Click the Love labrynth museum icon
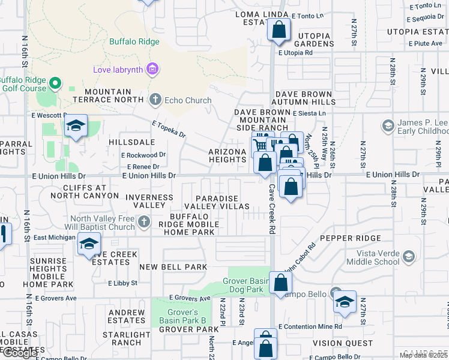tap(152, 70)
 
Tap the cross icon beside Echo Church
tap(155, 100)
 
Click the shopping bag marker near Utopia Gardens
tap(279, 29)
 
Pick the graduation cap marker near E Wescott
tap(76, 126)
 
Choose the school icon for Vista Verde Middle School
tap(409, 257)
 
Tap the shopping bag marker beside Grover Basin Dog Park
tap(280, 281)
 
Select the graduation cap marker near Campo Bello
tap(345, 302)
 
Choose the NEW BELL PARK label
tap(173, 266)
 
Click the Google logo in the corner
tap(20, 353)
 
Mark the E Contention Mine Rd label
tap(310, 326)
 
